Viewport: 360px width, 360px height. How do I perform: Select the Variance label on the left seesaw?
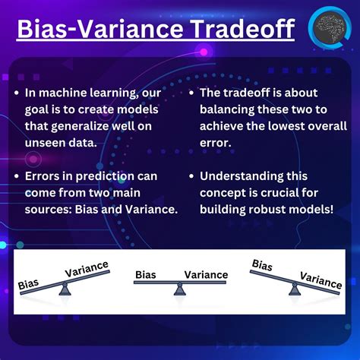click(86, 270)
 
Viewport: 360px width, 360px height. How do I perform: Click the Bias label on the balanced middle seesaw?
click(146, 275)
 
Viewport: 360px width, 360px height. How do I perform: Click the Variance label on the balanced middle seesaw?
click(205, 275)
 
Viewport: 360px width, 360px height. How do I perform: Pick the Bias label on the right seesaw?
click(262, 266)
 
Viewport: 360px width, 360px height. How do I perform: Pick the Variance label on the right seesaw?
click(320, 281)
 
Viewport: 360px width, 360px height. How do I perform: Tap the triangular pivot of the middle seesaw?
click(179, 289)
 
